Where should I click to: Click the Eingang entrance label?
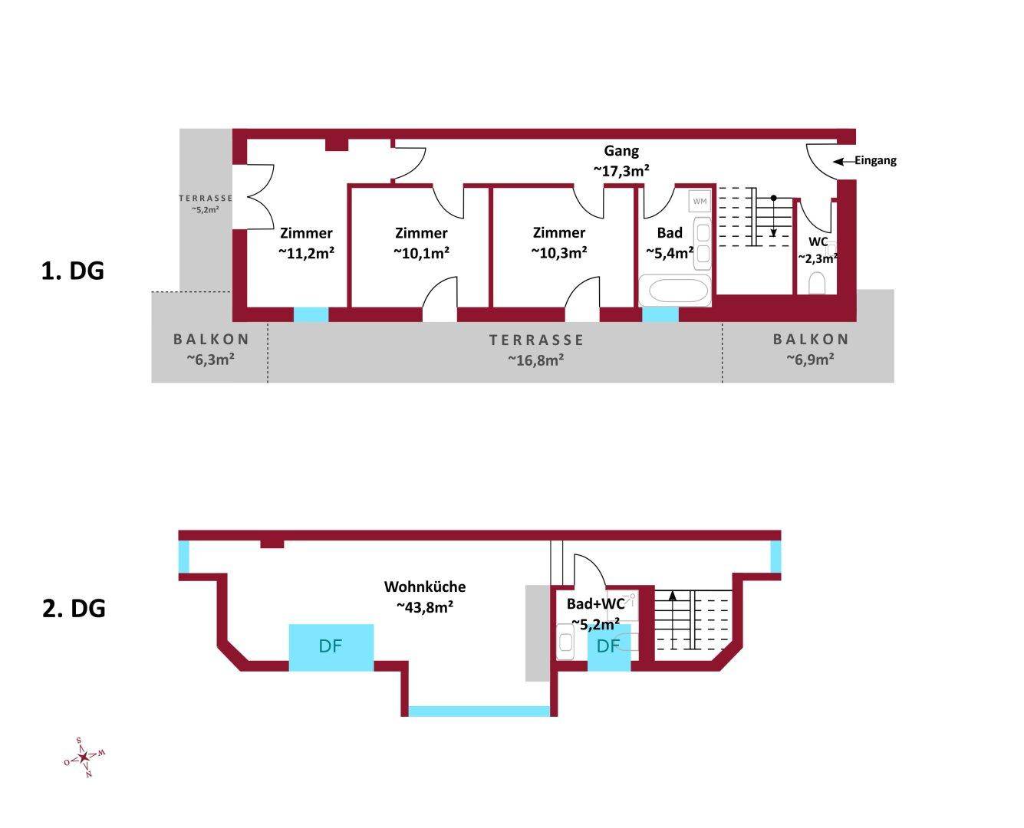coord(875,160)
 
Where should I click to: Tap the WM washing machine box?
coord(700,201)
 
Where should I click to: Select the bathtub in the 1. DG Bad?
coord(674,291)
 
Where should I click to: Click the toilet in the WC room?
coord(817,283)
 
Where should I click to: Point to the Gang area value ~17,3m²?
coord(621,171)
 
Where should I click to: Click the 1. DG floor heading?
coord(73,271)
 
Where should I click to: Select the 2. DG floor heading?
coord(74,609)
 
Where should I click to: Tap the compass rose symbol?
coord(84,757)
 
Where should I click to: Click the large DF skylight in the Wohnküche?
coord(331,647)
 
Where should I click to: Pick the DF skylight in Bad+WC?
coord(608,647)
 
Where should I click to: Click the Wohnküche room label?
coord(425,586)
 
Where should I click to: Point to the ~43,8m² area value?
coord(425,607)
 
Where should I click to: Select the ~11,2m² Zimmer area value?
coord(306,253)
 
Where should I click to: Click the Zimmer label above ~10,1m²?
coord(421,233)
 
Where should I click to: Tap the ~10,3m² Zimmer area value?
coord(559,253)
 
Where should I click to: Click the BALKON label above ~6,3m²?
coord(211,340)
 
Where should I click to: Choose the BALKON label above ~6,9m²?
coord(811,340)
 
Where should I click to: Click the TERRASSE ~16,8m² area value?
coord(536,360)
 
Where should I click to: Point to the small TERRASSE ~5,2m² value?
coord(206,209)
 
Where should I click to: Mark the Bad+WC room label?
coord(596,603)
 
